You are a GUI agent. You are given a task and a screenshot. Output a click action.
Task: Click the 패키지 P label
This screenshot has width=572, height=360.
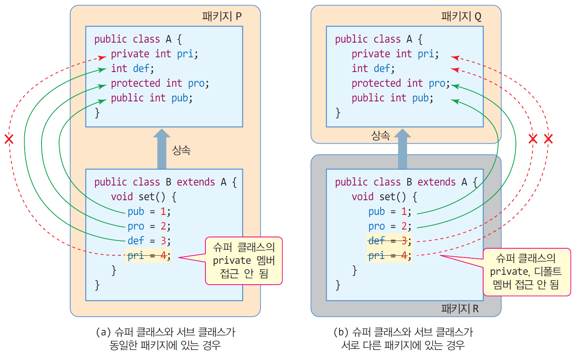[222, 17]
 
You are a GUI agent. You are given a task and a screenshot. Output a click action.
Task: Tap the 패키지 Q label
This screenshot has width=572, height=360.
[461, 17]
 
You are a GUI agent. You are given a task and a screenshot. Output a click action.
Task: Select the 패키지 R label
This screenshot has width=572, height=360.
[460, 309]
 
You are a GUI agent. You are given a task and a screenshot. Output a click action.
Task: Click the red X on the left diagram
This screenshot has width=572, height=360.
[9, 139]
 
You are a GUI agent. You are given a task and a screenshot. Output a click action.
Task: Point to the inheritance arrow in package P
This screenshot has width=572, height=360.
[162, 149]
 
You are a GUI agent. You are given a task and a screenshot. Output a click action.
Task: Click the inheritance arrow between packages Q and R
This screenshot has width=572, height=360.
[402, 149]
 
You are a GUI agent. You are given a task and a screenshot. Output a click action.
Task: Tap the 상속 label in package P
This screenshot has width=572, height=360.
[181, 150]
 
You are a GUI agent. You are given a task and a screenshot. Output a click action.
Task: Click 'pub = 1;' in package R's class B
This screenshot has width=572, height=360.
[389, 212]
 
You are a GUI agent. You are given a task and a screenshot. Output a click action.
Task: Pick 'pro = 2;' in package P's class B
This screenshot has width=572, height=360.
[149, 226]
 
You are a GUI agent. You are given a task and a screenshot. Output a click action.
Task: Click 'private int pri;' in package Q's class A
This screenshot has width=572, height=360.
[395, 54]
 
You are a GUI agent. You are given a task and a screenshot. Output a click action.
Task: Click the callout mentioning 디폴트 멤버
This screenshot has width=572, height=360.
[526, 272]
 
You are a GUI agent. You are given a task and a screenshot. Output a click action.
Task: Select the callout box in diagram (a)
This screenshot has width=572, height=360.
[244, 261]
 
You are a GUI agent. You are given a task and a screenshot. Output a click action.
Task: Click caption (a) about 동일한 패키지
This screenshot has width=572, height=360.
[165, 338]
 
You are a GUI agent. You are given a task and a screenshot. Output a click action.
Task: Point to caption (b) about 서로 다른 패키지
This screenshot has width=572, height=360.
[403, 338]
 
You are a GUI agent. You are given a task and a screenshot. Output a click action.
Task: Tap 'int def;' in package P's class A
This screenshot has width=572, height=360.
[132, 69]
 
